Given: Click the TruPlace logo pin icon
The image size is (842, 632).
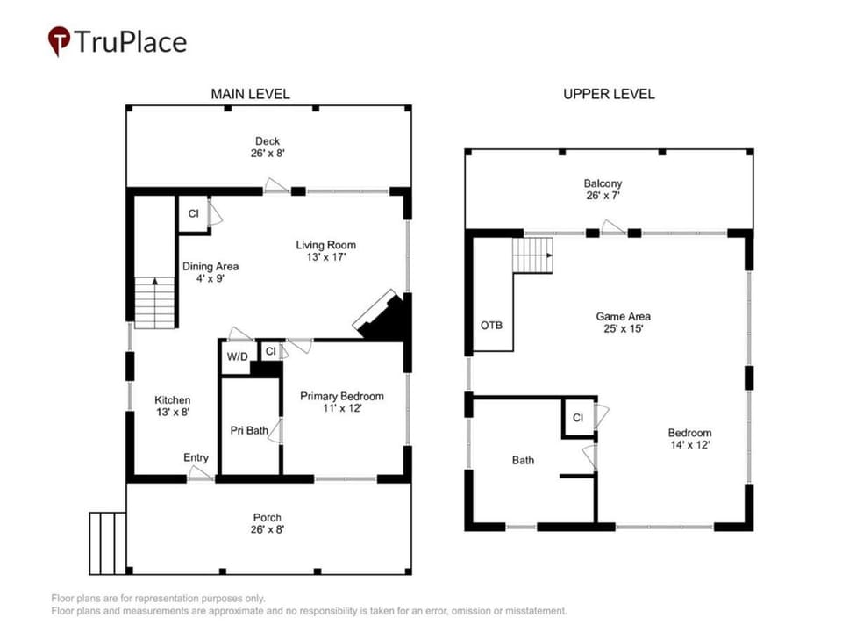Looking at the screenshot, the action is tap(59, 40).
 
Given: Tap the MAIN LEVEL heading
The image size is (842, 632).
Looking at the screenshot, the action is tap(250, 94).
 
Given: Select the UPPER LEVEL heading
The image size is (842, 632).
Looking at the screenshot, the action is tap(609, 94).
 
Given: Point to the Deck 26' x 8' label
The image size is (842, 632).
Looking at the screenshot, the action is tap(268, 147).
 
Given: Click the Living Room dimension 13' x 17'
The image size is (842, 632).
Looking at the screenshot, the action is tap(326, 257).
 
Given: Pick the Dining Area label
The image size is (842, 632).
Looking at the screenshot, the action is tap(210, 266).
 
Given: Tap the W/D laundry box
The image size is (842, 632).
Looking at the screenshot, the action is tap(237, 357).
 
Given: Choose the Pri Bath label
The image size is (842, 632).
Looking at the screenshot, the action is tap(249, 430).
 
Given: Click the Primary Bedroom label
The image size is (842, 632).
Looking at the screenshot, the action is tap(342, 396).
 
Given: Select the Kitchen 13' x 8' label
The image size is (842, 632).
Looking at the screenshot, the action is tap(173, 406).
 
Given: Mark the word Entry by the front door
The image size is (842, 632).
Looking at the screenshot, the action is tap(196, 457).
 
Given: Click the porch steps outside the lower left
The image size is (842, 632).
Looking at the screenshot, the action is tap(108, 543).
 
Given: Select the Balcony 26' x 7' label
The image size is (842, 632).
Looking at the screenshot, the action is tap(603, 190).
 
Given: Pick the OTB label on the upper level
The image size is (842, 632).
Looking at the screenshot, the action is tap(491, 325).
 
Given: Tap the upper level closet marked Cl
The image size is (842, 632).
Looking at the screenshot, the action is tap(578, 418).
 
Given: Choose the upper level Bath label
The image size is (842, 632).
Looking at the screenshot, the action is tap(523, 460).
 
